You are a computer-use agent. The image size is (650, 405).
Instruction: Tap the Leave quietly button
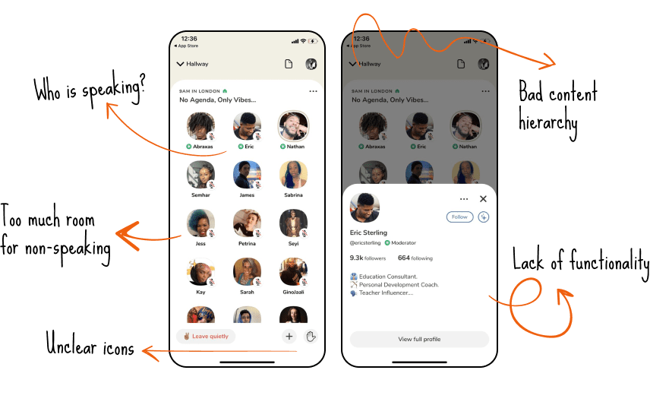pos(206,336)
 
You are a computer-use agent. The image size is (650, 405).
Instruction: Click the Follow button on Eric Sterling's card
pos(459,217)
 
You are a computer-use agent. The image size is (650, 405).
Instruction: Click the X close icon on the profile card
pos(483,199)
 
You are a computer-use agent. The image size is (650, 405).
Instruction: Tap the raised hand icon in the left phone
pos(311,336)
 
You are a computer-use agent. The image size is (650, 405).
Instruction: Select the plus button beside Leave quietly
pos(289,336)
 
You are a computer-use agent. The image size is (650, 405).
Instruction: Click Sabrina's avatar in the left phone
pos(294,175)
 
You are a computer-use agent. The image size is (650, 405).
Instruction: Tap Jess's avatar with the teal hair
pos(200,223)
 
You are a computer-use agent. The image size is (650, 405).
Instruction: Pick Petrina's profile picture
pos(247,223)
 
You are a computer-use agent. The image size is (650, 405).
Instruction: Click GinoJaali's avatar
pos(294,272)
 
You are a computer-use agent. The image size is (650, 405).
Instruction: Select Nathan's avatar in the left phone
pos(294,125)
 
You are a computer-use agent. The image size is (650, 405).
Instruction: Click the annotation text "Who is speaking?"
pos(90,90)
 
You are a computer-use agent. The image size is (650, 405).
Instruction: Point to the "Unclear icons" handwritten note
pos(90,344)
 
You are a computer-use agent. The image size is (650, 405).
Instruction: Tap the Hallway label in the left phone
pos(197,64)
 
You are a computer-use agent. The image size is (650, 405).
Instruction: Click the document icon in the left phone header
pos(289,64)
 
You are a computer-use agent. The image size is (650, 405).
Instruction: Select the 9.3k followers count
pos(368,258)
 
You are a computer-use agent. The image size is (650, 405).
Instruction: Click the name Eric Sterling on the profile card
pos(368,233)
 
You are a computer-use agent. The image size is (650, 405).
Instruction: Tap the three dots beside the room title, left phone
pos(313,91)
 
